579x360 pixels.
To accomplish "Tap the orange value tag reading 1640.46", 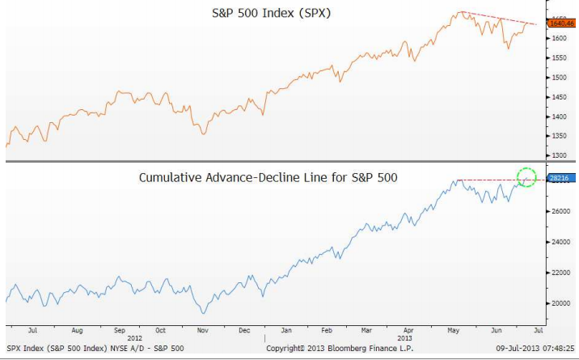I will tap(561, 24).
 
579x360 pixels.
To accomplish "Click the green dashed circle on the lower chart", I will tap(526, 177).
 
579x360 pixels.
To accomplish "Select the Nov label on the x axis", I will tap(202, 331).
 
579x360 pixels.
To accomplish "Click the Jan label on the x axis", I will tap(286, 331).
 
